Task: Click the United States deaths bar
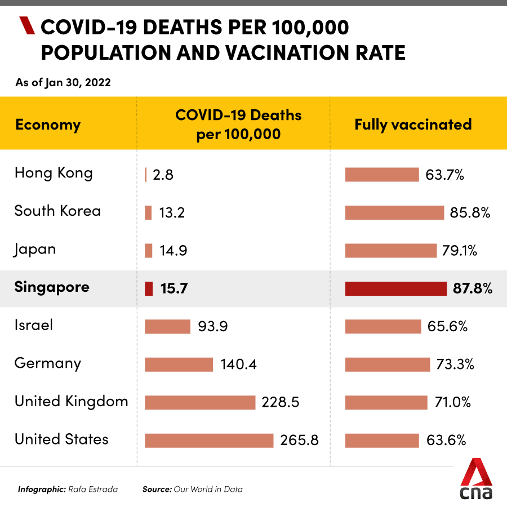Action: [209, 441]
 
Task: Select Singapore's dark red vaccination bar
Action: [395, 288]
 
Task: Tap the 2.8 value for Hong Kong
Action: [163, 175]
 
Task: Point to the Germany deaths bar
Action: [179, 364]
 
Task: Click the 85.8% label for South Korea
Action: [470, 213]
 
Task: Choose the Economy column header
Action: [48, 124]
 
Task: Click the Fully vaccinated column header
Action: [413, 124]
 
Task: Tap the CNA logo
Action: [476, 479]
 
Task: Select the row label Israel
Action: [34, 325]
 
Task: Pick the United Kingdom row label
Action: [72, 402]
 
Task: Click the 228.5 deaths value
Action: [280, 402]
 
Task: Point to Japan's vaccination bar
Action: [390, 251]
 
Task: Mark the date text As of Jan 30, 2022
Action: [63, 83]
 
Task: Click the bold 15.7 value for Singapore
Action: [174, 289]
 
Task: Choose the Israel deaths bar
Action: [167, 327]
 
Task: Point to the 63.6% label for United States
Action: [445, 441]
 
